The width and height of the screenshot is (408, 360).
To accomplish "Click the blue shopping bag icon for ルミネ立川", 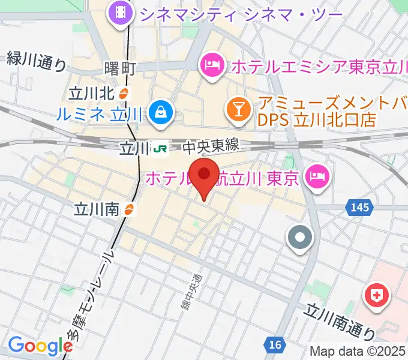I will tap(161, 112).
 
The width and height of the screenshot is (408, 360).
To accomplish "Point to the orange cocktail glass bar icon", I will tap(239, 110).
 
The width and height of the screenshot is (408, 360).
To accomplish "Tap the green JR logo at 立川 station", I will tap(160, 147).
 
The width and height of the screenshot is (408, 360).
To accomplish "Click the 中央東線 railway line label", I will tap(211, 146).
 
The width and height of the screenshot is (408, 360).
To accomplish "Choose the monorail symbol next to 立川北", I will tap(122, 93).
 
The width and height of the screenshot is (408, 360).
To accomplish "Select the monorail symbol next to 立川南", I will tap(130, 209).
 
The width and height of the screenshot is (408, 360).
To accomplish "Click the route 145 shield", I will tap(359, 207).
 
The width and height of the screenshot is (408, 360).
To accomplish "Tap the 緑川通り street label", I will tap(36, 61).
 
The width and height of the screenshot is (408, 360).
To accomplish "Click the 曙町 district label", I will tap(121, 68).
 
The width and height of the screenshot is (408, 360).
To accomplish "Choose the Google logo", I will tap(40, 346).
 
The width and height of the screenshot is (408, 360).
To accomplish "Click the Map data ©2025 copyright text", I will tap(358, 351).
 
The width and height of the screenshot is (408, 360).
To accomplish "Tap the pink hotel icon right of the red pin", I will tap(316, 176).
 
